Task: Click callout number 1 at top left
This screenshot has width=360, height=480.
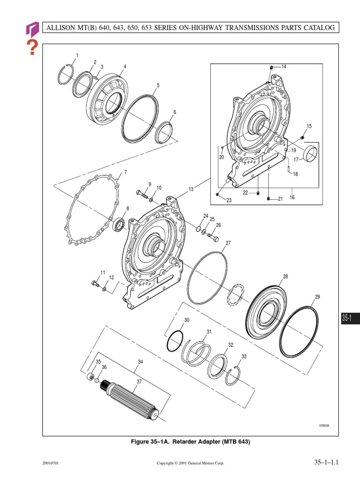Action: [x=77, y=56]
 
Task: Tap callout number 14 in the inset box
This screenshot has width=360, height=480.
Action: [x=284, y=67]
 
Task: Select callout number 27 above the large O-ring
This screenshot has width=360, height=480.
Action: [x=228, y=243]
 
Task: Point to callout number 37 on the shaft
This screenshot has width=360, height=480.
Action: [x=139, y=382]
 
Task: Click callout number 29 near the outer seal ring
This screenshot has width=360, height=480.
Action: [x=317, y=297]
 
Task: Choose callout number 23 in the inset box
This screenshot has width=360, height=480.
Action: [x=229, y=201]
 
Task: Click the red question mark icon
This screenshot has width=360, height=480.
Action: [x=32, y=48]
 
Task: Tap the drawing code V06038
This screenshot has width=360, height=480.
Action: [x=324, y=426]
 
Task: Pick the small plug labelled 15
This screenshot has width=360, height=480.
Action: [x=302, y=137]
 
